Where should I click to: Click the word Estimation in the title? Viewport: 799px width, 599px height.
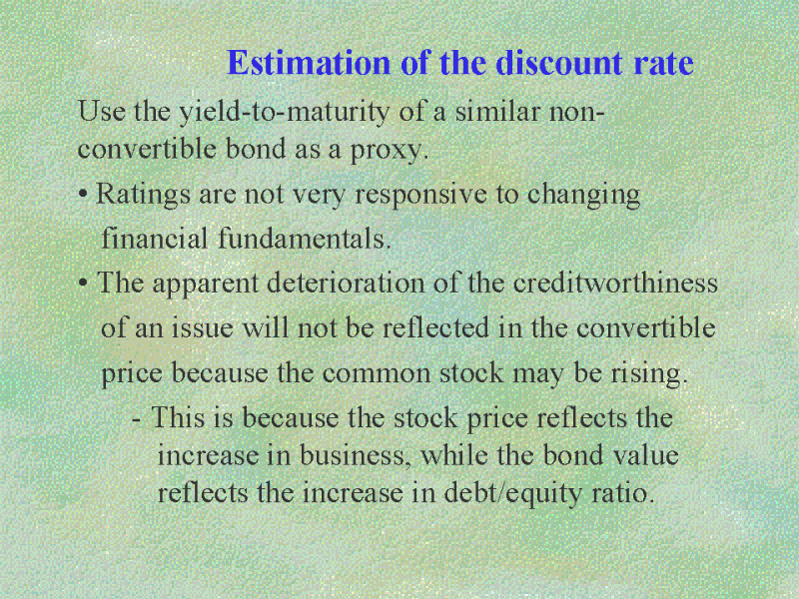(x=309, y=63)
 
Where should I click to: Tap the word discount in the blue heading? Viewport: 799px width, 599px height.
(x=559, y=63)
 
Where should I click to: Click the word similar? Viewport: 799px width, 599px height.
(x=496, y=111)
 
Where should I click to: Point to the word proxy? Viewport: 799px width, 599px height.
(x=389, y=151)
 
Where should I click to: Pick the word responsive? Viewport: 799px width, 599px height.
(x=420, y=195)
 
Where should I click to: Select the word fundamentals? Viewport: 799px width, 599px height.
(x=305, y=239)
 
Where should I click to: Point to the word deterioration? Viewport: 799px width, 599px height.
(x=346, y=283)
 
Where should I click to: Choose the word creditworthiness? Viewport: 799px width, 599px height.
(x=615, y=283)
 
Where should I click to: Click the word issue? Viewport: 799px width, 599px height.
(x=202, y=327)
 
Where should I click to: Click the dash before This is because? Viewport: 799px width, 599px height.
(x=136, y=420)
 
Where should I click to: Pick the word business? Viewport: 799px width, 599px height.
(x=356, y=455)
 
